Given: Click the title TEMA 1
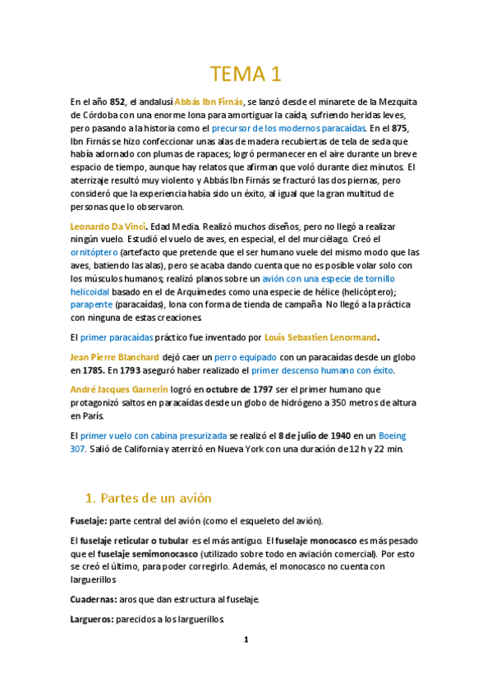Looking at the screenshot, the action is click(246, 75).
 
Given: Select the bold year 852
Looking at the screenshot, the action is click(117, 102).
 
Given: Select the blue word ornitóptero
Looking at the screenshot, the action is click(94, 253).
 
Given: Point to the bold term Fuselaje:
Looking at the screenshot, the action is click(88, 522).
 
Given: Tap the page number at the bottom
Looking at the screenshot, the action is click(246, 640).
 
